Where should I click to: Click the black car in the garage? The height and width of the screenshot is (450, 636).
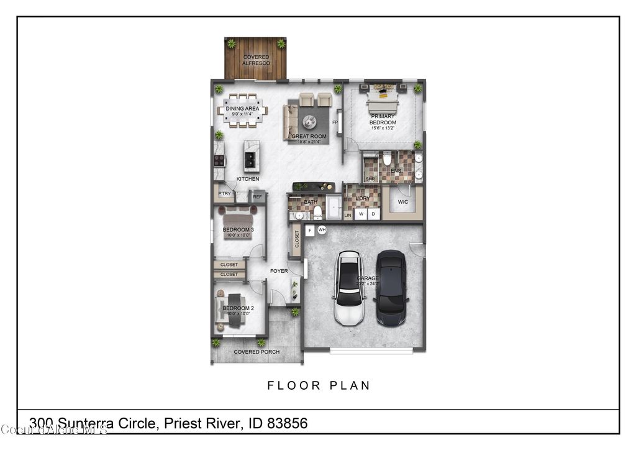[x=391, y=288]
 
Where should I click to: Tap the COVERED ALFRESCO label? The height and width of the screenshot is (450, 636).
[x=256, y=60]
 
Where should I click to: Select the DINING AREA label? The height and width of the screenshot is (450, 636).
[x=242, y=109]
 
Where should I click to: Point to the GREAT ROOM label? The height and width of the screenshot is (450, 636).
[x=309, y=137]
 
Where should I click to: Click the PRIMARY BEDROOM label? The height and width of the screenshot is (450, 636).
[x=383, y=119]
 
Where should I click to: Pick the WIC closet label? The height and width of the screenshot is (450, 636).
[x=403, y=202]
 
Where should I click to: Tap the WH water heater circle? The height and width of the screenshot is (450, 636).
[x=322, y=230]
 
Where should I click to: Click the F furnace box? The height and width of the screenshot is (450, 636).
[x=310, y=231]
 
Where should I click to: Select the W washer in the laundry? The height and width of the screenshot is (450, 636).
[x=361, y=214]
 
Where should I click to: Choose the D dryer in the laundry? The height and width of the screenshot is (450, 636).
[x=374, y=214]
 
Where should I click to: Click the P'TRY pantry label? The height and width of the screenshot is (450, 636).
[x=224, y=194]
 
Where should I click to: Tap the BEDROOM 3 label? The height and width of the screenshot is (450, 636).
[x=238, y=230]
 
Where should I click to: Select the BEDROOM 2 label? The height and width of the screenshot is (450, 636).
[x=238, y=308]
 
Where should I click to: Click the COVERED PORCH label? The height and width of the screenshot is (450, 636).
[x=257, y=352]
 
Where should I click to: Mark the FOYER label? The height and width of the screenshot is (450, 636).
[x=279, y=271]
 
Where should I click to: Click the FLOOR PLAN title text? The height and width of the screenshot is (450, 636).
[x=319, y=386]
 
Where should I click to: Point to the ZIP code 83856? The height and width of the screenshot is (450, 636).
[x=288, y=424]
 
